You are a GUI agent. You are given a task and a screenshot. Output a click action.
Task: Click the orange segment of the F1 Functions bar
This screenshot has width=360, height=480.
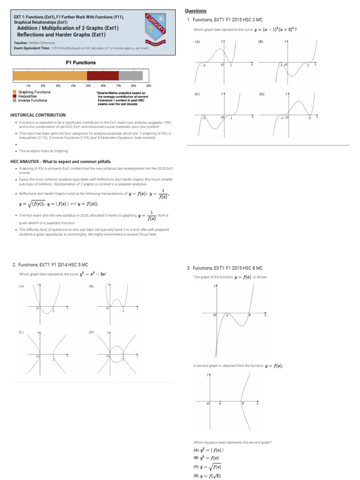(50, 75)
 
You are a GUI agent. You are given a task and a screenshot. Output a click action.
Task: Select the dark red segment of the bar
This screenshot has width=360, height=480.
(103, 75)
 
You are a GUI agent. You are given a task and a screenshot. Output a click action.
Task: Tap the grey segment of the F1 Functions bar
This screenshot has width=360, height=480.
(130, 75)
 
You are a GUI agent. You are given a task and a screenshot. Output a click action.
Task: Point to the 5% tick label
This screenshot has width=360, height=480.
(88, 86)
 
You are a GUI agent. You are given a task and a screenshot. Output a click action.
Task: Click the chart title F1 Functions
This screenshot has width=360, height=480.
(80, 62)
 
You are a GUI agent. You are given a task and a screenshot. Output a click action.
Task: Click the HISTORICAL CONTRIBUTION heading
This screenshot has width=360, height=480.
(38, 115)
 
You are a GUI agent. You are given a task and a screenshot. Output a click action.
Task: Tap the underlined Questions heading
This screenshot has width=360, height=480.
(196, 11)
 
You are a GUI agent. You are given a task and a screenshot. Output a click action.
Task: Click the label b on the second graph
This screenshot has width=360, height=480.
(242, 404)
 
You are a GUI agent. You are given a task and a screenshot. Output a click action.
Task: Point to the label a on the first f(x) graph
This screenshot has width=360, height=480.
(227, 315)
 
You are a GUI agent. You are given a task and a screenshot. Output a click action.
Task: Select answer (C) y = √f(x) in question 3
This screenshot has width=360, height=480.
(208, 467)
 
